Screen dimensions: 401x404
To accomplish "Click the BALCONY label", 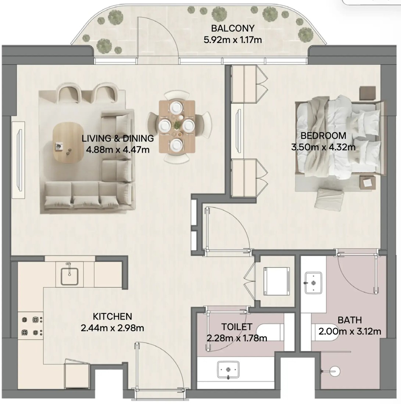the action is point(233,28).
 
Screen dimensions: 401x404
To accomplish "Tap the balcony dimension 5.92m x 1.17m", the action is point(233,40).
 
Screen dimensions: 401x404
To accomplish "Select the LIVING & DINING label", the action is point(118,138).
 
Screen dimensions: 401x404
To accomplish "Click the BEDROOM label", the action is point(323,136).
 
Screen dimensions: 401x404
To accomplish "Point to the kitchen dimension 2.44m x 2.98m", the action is point(112,328).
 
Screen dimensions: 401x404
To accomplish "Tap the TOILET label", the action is point(237,327).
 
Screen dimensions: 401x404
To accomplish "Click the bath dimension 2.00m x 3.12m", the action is point(350,331).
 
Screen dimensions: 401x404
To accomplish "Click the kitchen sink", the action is point(69,276).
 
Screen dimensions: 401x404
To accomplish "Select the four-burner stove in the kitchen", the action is point(30,326).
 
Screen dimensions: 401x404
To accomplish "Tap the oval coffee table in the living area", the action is point(68,143).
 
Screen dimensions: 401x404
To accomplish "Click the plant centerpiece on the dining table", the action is point(177,126).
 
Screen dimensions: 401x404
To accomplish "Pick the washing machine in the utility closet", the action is point(276,281).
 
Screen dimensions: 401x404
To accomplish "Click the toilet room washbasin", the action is point(228,370).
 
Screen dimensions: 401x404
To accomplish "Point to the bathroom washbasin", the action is point(313,283).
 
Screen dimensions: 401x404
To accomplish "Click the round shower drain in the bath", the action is point(335,371).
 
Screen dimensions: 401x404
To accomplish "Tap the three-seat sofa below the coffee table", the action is point(89,195).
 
